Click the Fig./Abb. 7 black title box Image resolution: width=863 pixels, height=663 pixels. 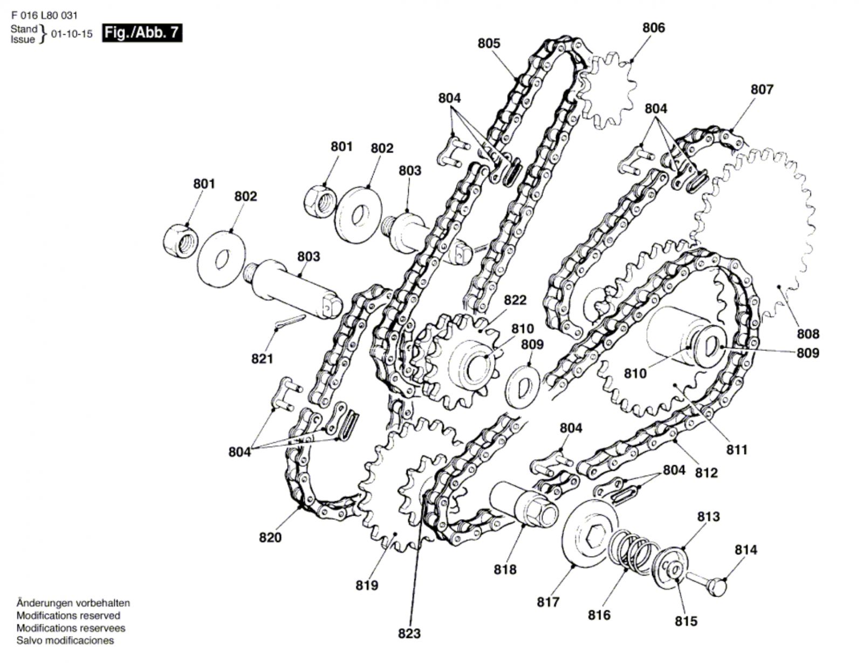142,33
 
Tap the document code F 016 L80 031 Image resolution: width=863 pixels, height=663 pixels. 44,15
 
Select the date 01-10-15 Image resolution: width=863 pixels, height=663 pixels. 72,34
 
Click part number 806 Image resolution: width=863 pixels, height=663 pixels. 653,27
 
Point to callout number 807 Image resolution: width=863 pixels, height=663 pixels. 762,89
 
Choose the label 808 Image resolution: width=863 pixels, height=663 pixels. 808,334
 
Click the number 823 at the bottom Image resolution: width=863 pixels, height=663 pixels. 409,634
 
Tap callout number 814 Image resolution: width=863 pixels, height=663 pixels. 746,549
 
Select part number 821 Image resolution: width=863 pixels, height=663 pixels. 262,358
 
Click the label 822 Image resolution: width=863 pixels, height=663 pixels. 515,300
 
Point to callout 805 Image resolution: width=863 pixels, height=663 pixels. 489,43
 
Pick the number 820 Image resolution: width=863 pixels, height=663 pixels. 270,537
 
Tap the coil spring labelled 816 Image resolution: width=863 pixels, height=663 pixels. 630,551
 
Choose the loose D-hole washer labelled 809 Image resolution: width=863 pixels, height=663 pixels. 523,387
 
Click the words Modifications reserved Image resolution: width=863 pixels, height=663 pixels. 68,616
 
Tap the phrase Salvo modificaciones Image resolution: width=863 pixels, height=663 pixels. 65,640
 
